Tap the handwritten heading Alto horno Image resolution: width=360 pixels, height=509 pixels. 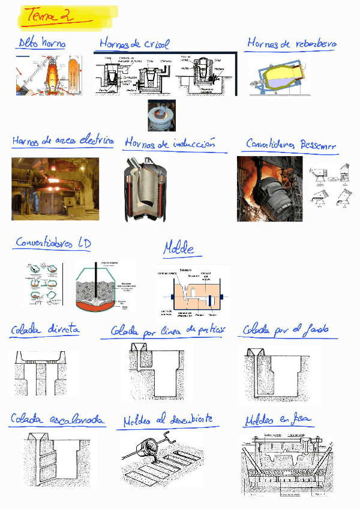pyautogui.click(x=41, y=43)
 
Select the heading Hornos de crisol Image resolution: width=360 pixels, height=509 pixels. pyautogui.click(x=134, y=44)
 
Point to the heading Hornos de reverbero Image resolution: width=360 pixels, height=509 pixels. pyautogui.click(x=292, y=44)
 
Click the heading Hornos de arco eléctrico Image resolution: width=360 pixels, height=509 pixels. pyautogui.click(x=62, y=142)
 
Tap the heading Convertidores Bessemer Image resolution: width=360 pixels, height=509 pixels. pyautogui.click(x=290, y=145)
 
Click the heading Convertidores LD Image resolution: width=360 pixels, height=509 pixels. pyautogui.click(x=53, y=244)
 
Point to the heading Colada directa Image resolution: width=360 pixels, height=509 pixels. pyautogui.click(x=44, y=330)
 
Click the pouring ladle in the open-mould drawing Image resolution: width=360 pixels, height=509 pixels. pyautogui.click(x=150, y=451)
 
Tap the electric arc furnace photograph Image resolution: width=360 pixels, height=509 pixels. pyautogui.click(x=55, y=188)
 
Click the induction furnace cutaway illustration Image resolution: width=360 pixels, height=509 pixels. pyautogui.click(x=148, y=189)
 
